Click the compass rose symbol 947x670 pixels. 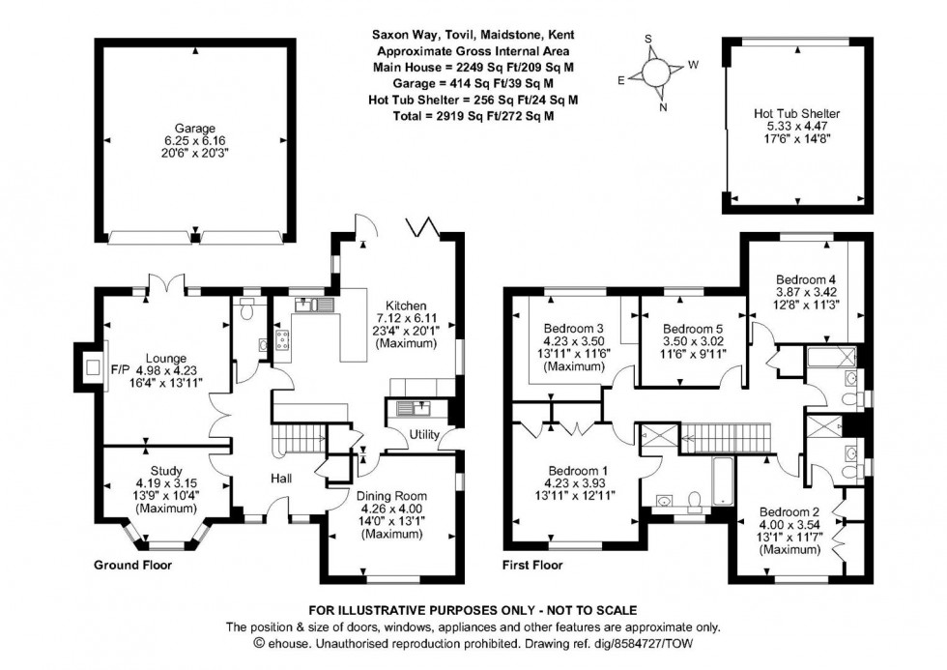pyautogui.click(x=654, y=73)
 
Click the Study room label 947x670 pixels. pyautogui.click(x=165, y=471)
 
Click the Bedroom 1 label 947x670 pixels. pyautogui.click(x=577, y=471)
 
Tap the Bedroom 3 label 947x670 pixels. pyautogui.click(x=573, y=327)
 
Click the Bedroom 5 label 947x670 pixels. pyautogui.click(x=693, y=328)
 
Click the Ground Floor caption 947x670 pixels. pyautogui.click(x=132, y=564)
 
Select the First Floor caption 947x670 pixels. pyautogui.click(x=531, y=564)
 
